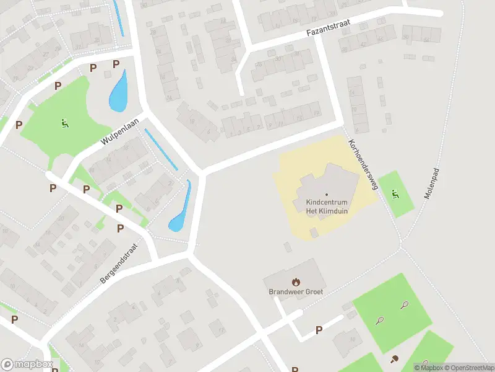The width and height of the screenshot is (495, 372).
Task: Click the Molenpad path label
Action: point(431,180)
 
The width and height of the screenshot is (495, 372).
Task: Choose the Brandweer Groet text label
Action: point(295,291)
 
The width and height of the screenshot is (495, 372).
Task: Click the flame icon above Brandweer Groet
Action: point(295,281)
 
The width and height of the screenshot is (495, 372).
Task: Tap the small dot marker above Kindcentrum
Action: point(327,195)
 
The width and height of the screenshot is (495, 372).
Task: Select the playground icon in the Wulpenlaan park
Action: point(64,123)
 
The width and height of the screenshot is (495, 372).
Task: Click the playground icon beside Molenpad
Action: point(394,193)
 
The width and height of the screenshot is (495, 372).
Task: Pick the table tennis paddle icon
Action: point(394,358)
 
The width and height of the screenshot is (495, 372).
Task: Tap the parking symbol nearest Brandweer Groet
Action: point(319,330)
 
